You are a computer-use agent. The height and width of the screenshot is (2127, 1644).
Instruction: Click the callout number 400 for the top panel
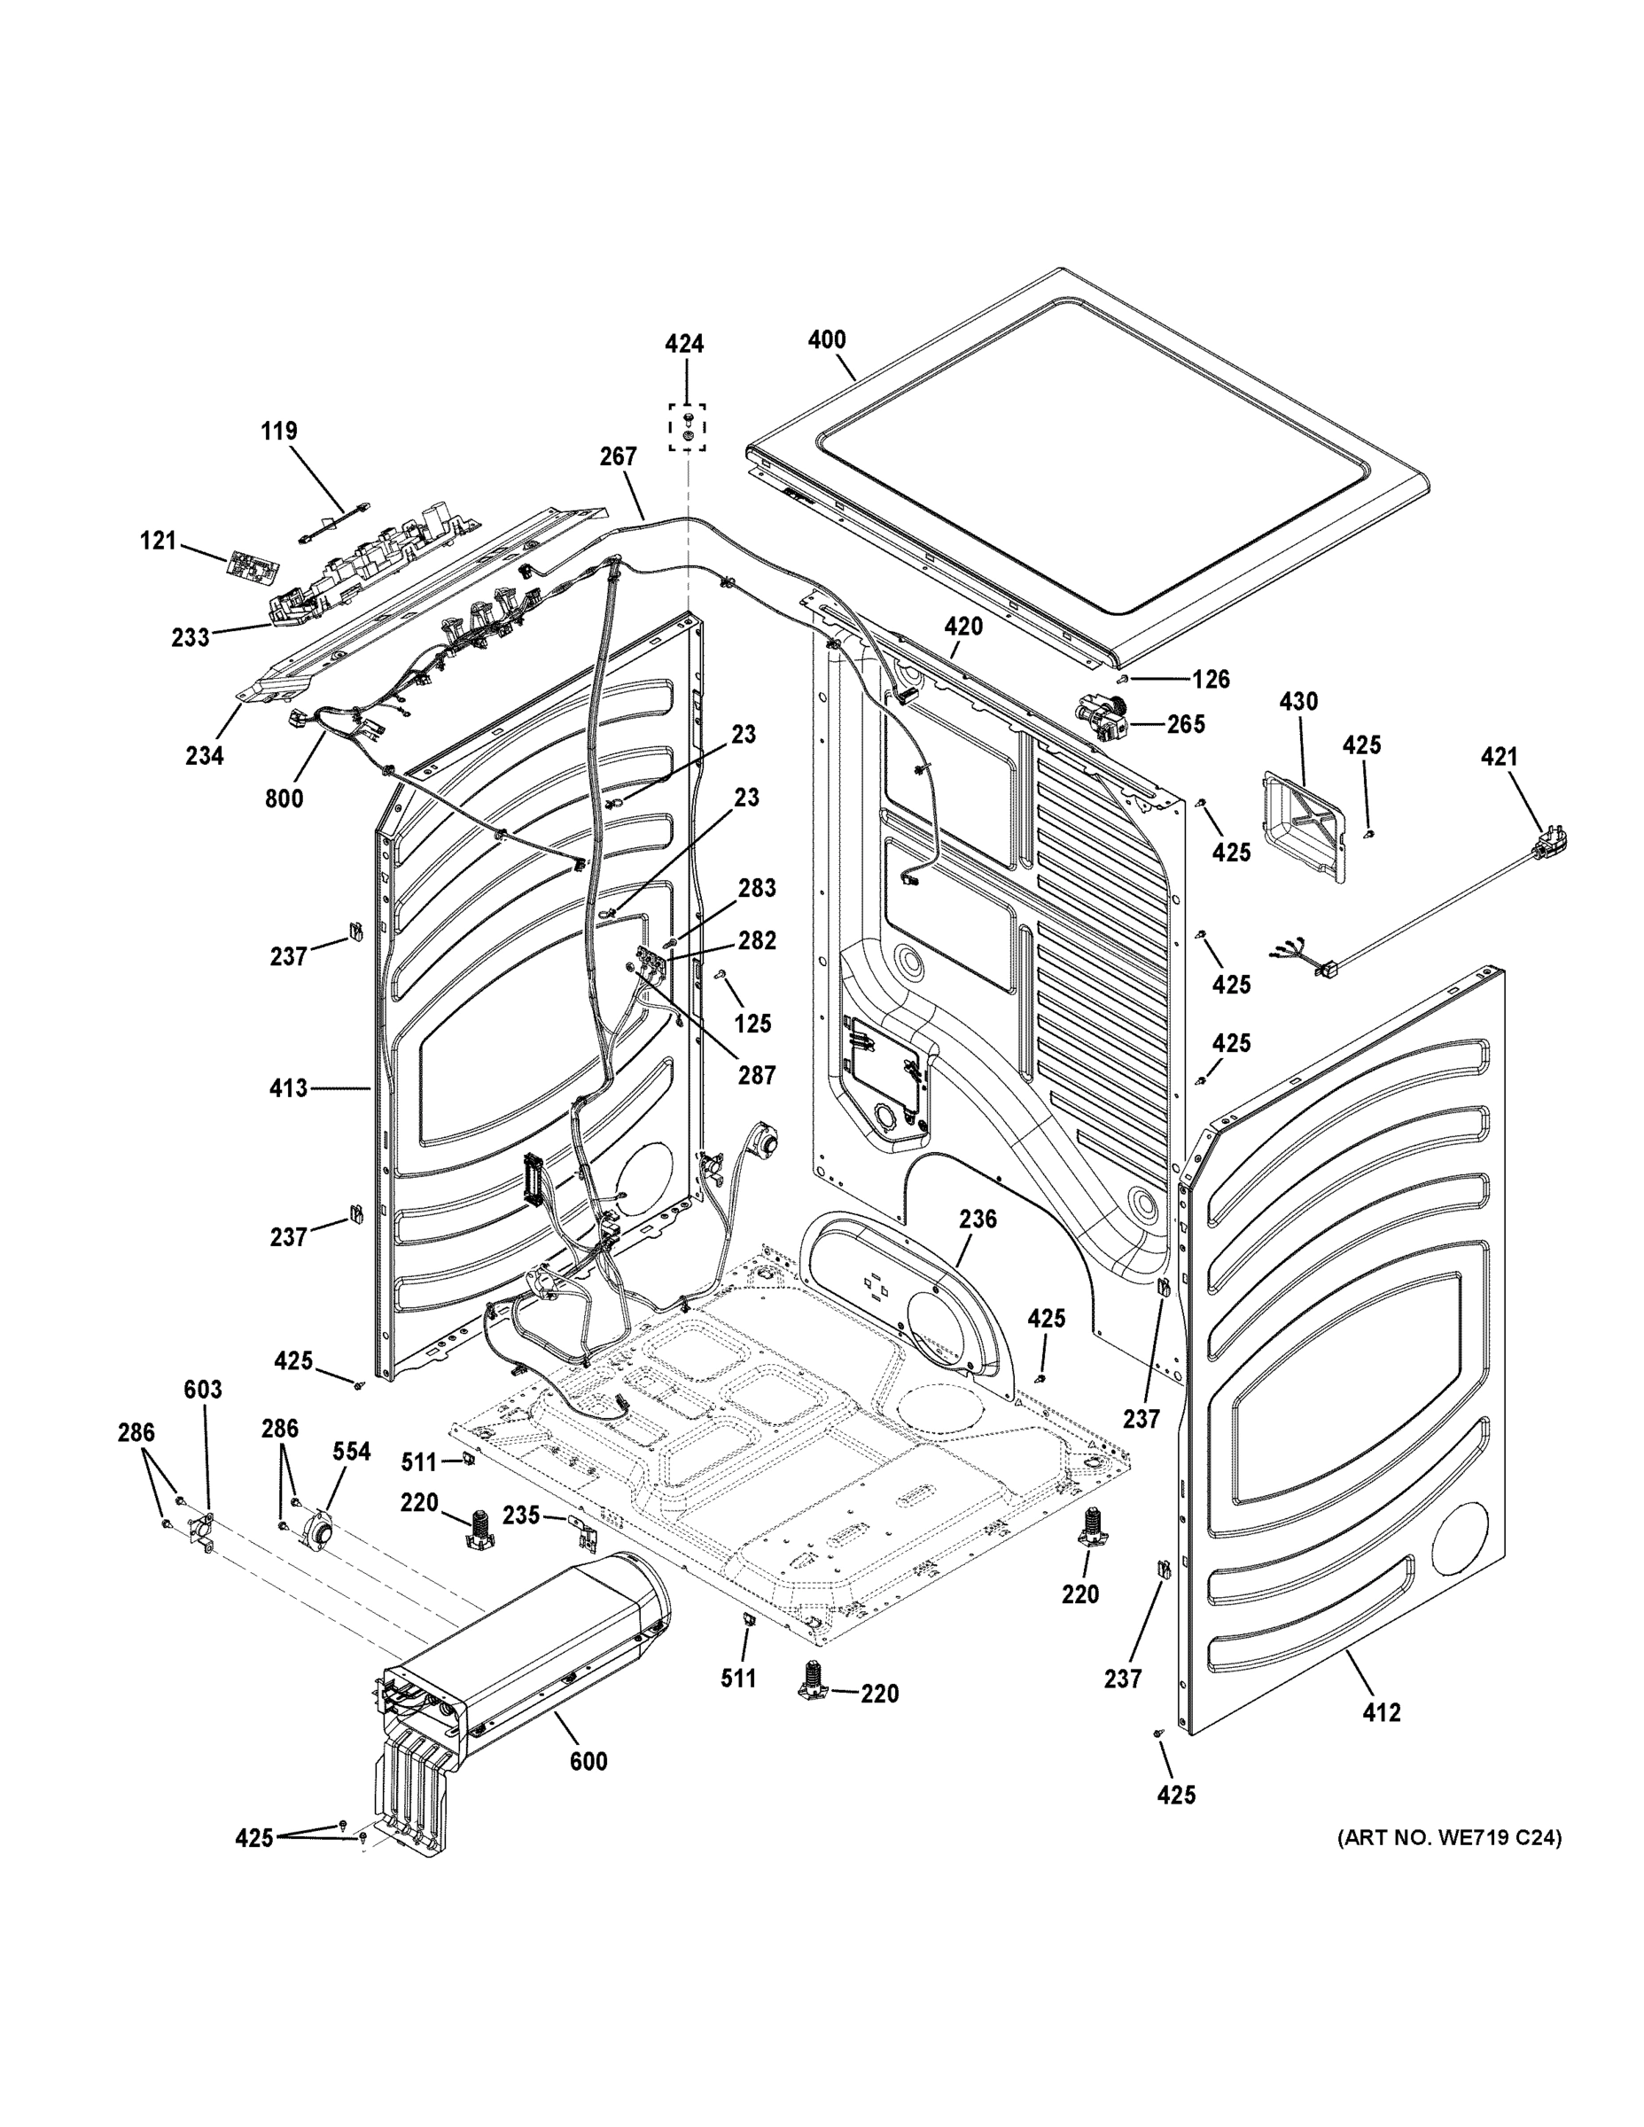[x=827, y=340]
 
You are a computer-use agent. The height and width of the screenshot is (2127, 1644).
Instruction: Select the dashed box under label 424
[x=687, y=427]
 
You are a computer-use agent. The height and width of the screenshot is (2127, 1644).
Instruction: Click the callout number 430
[x=1298, y=701]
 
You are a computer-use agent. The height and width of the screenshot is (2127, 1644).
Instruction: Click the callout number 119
[x=278, y=431]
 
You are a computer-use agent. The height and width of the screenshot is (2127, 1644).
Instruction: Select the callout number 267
[x=619, y=456]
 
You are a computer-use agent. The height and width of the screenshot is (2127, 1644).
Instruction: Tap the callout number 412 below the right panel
[x=1382, y=1712]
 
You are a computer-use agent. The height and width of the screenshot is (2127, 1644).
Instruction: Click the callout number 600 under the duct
[x=588, y=1761]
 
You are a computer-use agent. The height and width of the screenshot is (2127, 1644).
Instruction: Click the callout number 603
[x=203, y=1390]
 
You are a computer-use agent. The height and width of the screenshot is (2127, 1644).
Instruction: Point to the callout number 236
[x=977, y=1219]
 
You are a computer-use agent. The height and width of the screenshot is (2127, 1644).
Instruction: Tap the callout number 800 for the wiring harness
[x=284, y=799]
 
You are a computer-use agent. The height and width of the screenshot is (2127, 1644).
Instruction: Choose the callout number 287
[x=756, y=1074]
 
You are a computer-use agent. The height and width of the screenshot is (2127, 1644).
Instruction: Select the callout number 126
[x=1212, y=679]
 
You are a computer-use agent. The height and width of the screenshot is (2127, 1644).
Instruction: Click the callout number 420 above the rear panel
[x=962, y=627]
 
